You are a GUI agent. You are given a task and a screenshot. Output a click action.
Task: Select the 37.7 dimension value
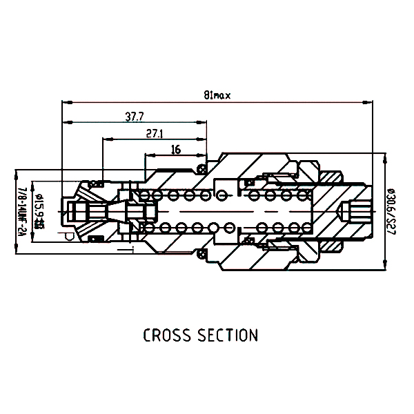coord(135,117)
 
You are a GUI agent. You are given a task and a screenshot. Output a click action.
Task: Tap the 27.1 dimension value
coord(155,133)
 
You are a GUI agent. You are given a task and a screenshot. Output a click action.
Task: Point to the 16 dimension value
coord(175,150)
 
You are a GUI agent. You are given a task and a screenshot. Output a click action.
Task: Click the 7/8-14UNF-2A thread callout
coord(21,211)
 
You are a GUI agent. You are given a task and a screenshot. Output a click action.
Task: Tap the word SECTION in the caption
coord(229,336)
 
